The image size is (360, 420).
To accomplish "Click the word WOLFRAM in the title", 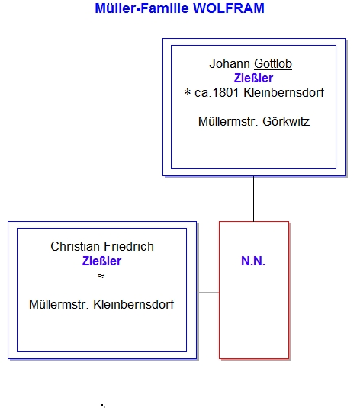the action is point(229,8).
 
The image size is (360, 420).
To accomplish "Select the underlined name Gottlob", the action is point(273,64).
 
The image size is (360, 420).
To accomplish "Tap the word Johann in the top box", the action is point(230,64).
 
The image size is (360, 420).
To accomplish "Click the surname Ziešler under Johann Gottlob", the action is point(253,79).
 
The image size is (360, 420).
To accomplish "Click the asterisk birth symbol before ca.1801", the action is point(188,92).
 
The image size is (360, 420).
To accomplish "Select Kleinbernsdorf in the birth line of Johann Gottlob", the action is point(284,93).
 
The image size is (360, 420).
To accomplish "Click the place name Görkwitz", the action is point(286,122).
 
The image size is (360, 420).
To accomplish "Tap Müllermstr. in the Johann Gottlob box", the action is point(228,122).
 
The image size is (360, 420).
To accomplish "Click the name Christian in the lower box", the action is point(75,246).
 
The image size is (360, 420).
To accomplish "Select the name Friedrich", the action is point(129,246).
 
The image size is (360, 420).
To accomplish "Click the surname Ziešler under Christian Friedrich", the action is point(101,261).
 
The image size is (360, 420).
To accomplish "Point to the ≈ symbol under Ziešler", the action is point(101,276).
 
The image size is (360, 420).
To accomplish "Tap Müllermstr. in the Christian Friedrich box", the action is point(59,305).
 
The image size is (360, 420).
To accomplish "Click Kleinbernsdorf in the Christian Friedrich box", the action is point(133,305).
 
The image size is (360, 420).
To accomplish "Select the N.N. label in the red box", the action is point(253,261).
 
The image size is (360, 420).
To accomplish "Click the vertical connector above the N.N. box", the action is point(253,198).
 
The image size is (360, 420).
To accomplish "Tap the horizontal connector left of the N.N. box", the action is point(207,290).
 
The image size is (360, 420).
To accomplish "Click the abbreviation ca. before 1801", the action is point(203,93).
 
